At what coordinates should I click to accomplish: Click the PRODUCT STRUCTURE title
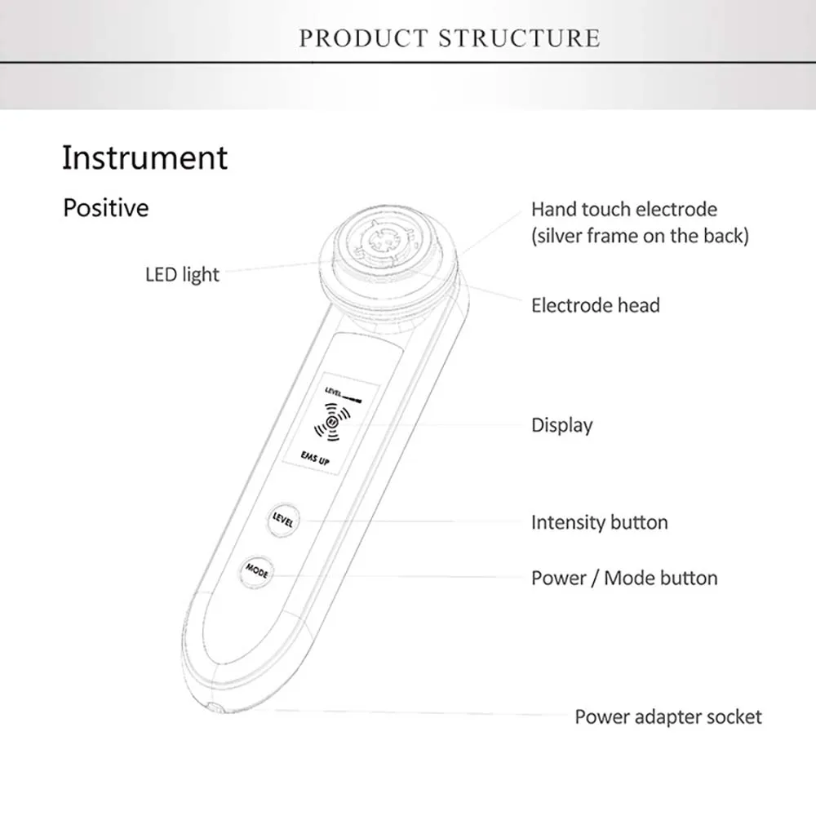click(x=449, y=38)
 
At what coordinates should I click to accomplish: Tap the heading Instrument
click(x=144, y=157)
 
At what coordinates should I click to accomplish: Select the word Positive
click(x=106, y=207)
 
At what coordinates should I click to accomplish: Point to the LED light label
click(x=182, y=274)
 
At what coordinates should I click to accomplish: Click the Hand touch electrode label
click(x=624, y=210)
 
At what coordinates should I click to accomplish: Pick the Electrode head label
click(x=595, y=306)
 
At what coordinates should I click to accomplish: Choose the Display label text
click(x=561, y=425)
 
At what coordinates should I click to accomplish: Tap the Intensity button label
click(x=599, y=522)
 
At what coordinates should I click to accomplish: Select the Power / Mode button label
click(x=624, y=579)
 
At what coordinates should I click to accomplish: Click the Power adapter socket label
click(x=667, y=717)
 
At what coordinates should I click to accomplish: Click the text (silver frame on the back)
click(x=640, y=237)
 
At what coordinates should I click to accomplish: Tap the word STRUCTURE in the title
click(x=520, y=38)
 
